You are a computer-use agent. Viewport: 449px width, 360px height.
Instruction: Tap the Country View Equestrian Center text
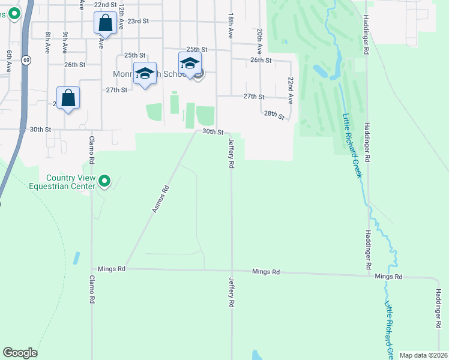click(71, 182)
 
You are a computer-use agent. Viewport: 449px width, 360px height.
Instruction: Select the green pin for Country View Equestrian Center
click(104, 180)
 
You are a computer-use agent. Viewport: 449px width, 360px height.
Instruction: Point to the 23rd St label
click(137, 21)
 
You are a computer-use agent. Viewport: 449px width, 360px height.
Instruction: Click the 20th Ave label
click(259, 38)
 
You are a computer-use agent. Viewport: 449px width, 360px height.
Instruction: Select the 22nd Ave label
click(290, 89)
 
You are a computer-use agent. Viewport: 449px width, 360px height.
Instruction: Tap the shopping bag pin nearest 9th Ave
click(68, 98)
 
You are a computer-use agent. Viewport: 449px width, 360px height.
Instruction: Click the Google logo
click(20, 353)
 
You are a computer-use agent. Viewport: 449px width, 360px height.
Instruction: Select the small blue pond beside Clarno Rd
click(77, 259)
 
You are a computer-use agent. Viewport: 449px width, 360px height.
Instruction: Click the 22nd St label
click(105, 4)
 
